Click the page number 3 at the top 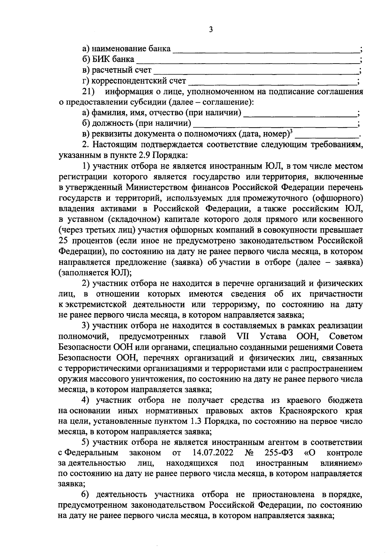(211, 30)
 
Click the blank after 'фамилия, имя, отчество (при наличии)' (300, 114)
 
